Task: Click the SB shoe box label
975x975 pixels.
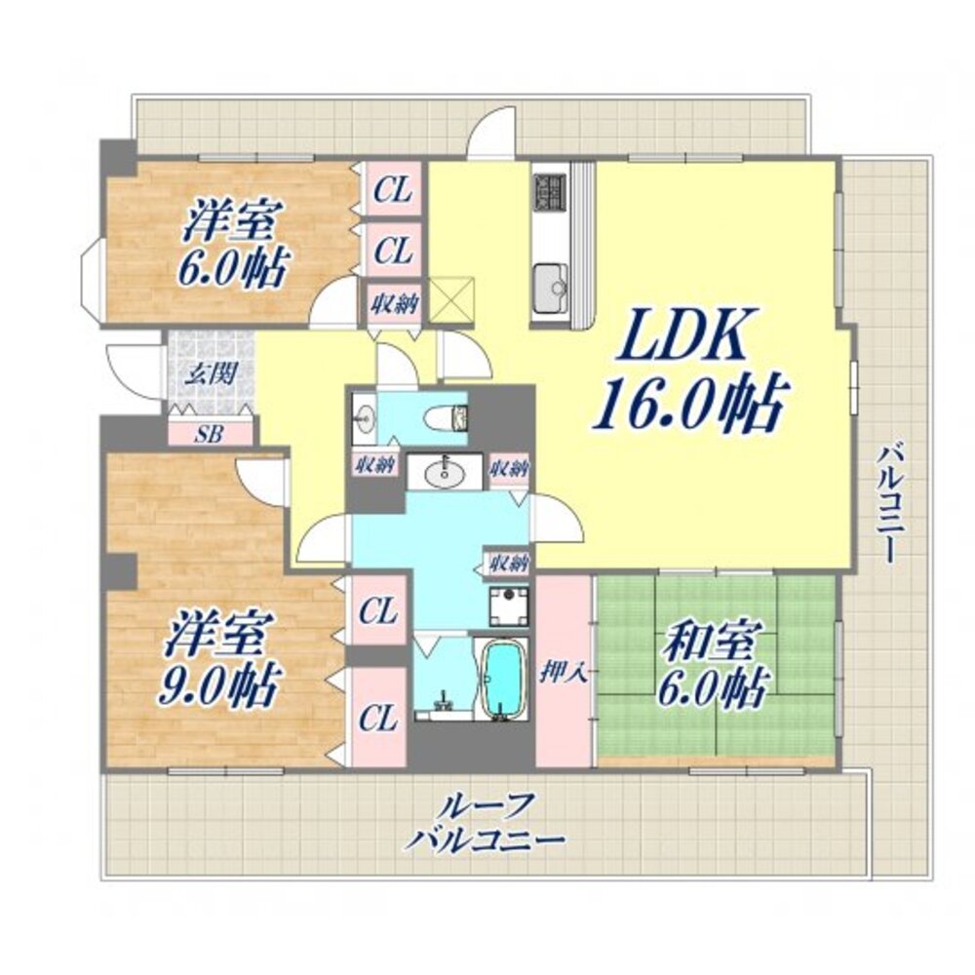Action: pos(208,434)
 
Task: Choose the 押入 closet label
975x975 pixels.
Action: pos(564,673)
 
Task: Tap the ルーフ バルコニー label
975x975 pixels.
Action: pos(485,822)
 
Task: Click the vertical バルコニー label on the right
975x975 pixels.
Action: pos(887,502)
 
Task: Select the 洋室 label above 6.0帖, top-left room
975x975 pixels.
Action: pos(231,220)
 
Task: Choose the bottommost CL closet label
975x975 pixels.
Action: pos(377,719)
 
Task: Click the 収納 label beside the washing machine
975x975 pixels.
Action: pos(509,563)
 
